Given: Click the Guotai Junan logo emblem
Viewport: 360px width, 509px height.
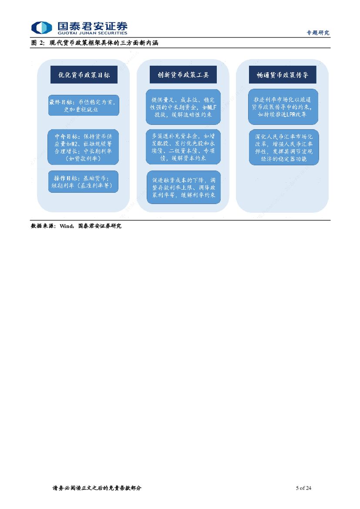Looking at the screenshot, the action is click(41, 27).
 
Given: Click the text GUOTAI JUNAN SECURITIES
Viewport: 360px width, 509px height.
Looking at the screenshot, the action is click(92, 33).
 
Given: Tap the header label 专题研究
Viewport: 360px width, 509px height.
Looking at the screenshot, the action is click(318, 33).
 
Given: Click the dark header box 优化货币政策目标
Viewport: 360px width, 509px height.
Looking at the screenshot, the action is click(84, 75).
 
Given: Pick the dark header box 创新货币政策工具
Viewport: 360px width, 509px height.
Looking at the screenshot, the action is click(183, 75).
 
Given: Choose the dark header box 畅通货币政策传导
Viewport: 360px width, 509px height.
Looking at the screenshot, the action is click(283, 75).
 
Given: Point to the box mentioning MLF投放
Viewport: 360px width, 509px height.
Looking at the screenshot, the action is click(183, 107).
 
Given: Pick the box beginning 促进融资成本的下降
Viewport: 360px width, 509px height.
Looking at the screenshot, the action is click(183, 188).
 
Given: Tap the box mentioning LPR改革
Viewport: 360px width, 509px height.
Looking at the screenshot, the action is click(283, 107).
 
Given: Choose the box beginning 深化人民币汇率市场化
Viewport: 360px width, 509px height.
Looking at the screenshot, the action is click(284, 147).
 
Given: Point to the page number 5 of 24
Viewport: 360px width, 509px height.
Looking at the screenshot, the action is click(303, 488).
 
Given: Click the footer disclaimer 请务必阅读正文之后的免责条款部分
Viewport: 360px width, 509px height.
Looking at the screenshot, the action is click(97, 488).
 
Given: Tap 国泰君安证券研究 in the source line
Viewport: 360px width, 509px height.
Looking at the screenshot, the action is click(100, 226).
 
